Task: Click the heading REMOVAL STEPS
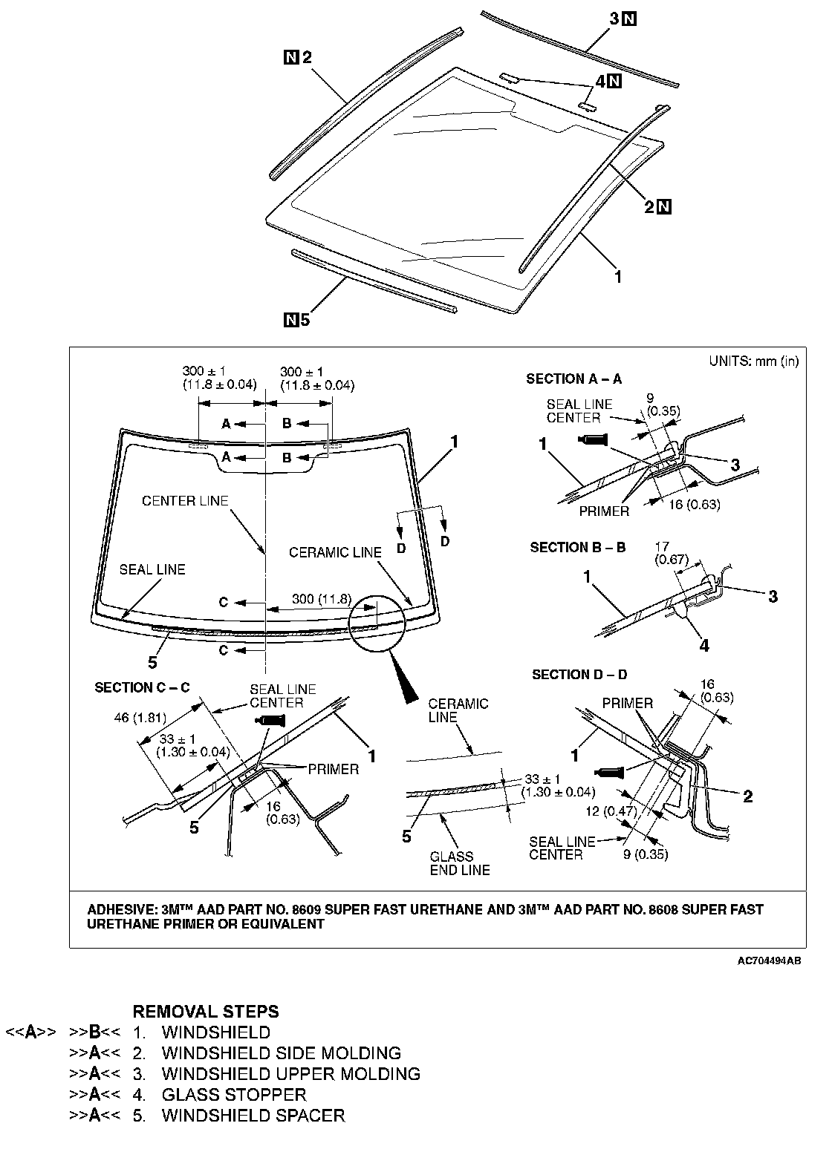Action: coord(205,1011)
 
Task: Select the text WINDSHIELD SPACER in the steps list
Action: coord(253,1115)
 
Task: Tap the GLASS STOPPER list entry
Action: coord(233,1094)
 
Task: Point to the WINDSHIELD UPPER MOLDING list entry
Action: coord(290,1073)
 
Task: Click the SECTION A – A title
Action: coord(573,379)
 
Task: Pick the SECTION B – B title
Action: coord(577,547)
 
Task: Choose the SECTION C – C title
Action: coord(142,687)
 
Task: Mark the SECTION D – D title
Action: coord(579,675)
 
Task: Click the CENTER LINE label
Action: coord(185,501)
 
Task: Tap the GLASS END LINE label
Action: coord(460,862)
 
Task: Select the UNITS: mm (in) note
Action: coord(753,361)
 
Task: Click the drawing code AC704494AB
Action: coord(769,960)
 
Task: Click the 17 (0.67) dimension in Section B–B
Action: coord(672,554)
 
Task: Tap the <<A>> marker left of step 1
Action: coord(30,1032)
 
